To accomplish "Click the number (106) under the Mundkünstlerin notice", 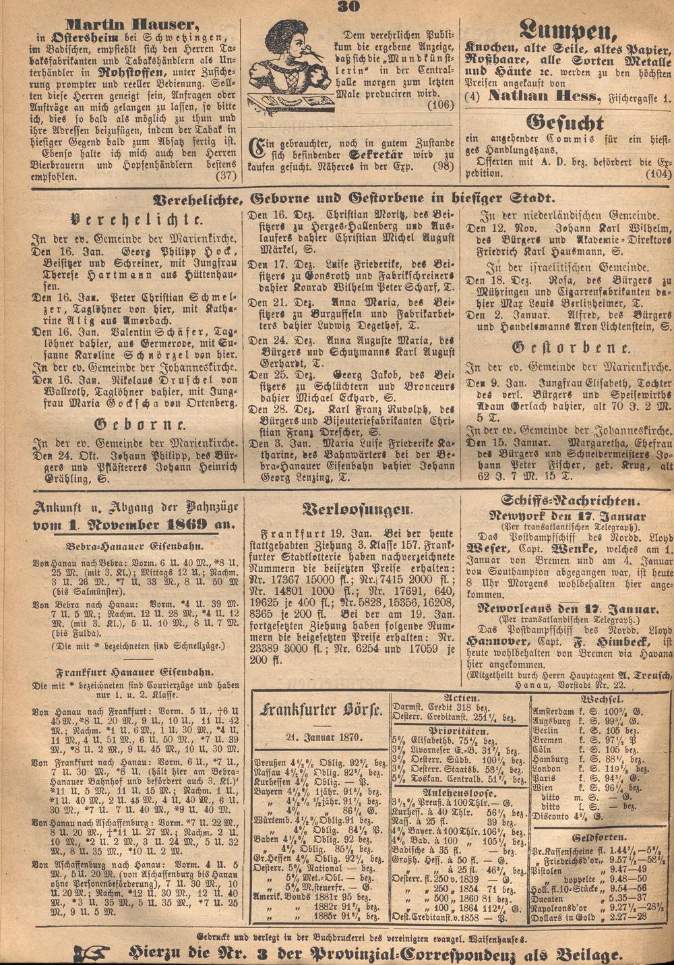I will pyautogui.click(x=441, y=104).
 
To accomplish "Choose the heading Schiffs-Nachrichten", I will pyautogui.click(x=570, y=500).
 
